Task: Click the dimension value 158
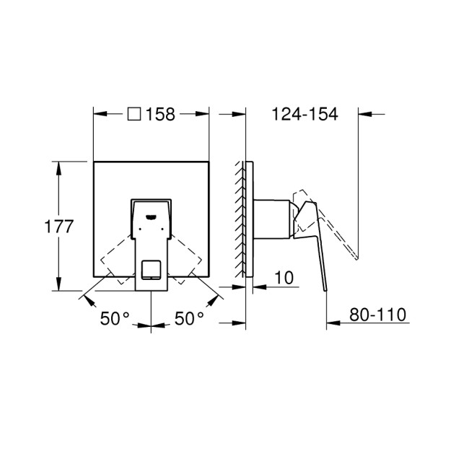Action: click(x=160, y=115)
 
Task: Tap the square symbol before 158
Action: click(x=133, y=115)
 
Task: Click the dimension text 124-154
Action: click(x=304, y=115)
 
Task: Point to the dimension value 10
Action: click(x=284, y=278)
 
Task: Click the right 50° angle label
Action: click(x=190, y=318)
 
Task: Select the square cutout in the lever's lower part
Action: click(x=151, y=269)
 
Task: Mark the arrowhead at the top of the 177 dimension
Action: click(x=58, y=164)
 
